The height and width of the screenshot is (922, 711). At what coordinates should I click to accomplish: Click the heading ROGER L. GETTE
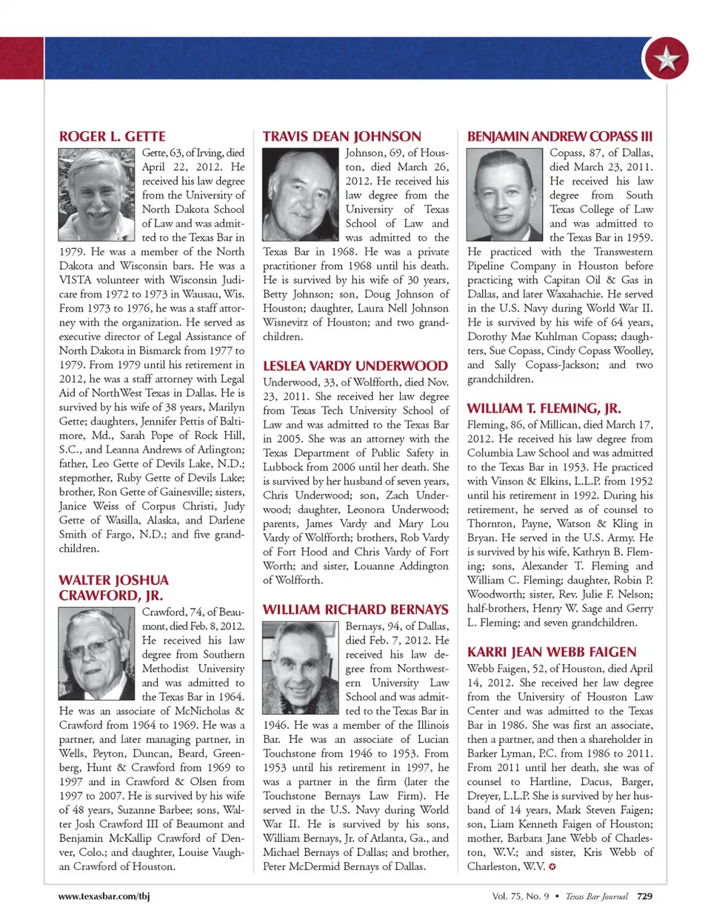click(x=112, y=137)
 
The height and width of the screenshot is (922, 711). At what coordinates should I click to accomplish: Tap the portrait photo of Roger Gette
click(x=98, y=194)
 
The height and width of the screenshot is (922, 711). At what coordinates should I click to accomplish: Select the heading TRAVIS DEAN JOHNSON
click(x=341, y=137)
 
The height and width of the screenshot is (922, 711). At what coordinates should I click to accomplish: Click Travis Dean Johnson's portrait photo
click(x=301, y=194)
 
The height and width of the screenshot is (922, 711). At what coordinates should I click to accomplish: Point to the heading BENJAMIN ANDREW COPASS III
click(x=559, y=137)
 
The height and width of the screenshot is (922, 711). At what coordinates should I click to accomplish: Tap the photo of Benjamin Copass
click(x=506, y=194)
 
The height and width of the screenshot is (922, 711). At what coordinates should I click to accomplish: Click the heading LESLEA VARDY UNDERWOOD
click(x=355, y=366)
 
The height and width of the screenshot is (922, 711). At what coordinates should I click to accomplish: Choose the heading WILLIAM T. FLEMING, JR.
click(x=544, y=408)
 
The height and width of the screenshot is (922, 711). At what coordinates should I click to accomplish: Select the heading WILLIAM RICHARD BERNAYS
click(x=355, y=609)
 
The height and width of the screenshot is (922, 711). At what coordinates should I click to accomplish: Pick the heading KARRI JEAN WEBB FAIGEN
click(x=551, y=652)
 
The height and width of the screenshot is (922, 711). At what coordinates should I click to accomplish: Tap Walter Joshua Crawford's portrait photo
click(x=98, y=652)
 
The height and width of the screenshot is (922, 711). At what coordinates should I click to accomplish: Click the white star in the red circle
click(x=666, y=59)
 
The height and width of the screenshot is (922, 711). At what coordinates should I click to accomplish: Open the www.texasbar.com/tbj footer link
click(x=104, y=896)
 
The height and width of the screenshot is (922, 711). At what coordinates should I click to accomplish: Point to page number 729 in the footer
click(x=644, y=896)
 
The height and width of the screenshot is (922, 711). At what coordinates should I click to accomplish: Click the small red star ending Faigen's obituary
click(x=553, y=866)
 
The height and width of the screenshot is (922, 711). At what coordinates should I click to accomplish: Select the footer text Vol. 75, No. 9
click(x=520, y=896)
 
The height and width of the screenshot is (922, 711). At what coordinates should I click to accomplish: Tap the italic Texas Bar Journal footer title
click(x=596, y=896)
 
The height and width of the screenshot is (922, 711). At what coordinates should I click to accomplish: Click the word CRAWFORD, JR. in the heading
click(x=111, y=595)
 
